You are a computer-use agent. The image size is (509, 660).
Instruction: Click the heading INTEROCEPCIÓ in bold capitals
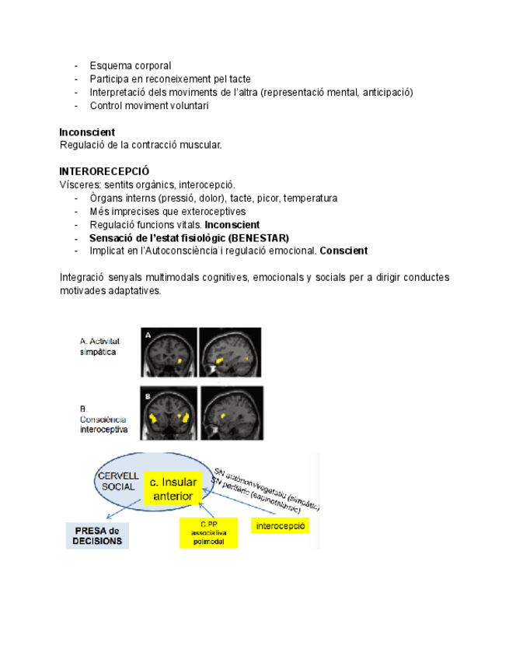point(105,171)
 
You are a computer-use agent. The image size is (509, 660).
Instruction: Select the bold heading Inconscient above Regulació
point(87,132)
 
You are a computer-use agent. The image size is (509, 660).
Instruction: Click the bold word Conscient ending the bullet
point(343,251)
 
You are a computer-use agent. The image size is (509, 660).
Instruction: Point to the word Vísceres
point(79,184)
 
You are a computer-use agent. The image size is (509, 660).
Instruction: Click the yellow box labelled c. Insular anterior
point(173,488)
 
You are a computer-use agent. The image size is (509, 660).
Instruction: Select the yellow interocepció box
point(280,526)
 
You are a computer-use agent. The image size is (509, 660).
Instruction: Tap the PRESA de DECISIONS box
point(97,535)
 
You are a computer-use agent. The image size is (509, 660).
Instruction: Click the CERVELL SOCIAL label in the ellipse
point(118,481)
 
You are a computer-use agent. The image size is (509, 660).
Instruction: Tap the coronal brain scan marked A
point(167,352)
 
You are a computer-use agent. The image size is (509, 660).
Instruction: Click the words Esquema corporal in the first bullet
point(130,65)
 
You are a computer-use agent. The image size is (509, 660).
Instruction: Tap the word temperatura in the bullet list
point(309,198)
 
